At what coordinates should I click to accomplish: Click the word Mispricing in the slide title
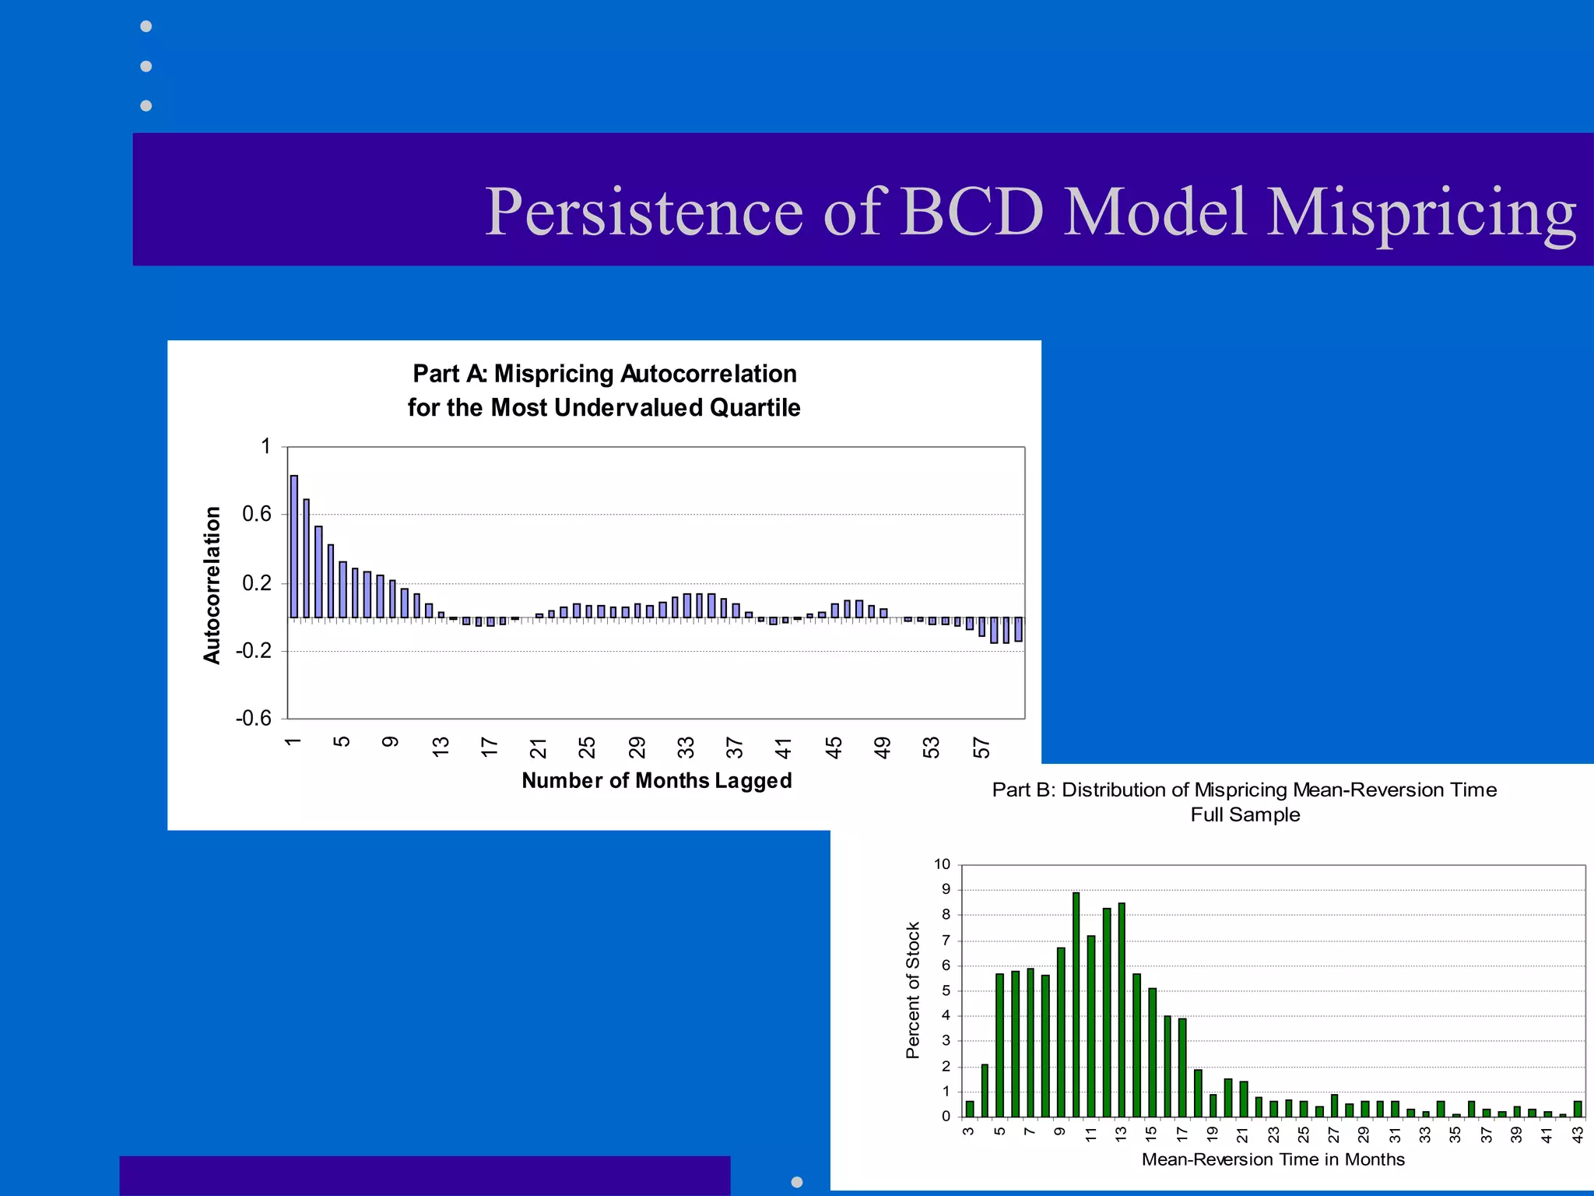pyautogui.click(x=1421, y=212)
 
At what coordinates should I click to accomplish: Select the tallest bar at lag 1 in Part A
pyautogui.click(x=293, y=547)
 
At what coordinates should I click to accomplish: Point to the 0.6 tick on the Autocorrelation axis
pyautogui.click(x=257, y=514)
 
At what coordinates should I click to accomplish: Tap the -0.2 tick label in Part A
pyautogui.click(x=254, y=651)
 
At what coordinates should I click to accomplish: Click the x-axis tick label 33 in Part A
pyautogui.click(x=686, y=747)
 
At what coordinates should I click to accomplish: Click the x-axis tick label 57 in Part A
pyautogui.click(x=981, y=747)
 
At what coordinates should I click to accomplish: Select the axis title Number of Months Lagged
pyautogui.click(x=656, y=780)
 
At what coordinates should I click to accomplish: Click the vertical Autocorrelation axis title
pyautogui.click(x=212, y=585)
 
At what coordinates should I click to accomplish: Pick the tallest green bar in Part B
pyautogui.click(x=1076, y=1004)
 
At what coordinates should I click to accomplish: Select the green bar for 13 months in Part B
pyautogui.click(x=1122, y=1010)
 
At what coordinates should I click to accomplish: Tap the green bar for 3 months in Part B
pyautogui.click(x=969, y=1109)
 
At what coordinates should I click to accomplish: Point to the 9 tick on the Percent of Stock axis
pyautogui.click(x=946, y=889)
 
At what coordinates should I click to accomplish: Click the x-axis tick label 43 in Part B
pyautogui.click(x=1578, y=1135)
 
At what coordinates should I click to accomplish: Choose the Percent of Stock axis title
pyautogui.click(x=913, y=990)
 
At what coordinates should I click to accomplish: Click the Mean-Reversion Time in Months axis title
pyautogui.click(x=1273, y=1159)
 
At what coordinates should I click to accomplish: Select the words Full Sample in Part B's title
pyautogui.click(x=1245, y=814)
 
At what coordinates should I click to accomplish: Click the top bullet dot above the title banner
pyautogui.click(x=146, y=26)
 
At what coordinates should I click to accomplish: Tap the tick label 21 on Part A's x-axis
pyautogui.click(x=538, y=747)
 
